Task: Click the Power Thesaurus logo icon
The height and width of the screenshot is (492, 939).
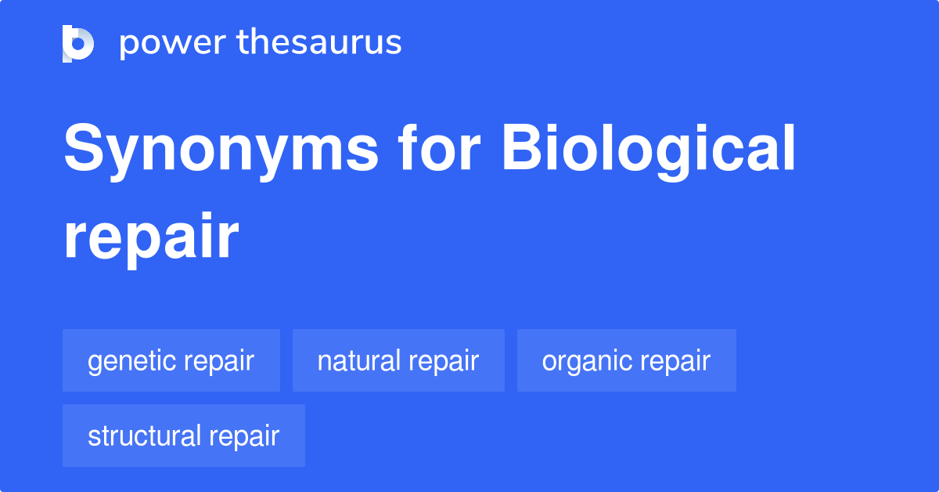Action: coord(78,43)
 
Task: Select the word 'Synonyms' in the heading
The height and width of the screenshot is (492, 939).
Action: coord(220,150)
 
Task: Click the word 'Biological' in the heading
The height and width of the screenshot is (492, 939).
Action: coord(649,150)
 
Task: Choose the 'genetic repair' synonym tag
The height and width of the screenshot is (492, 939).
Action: coord(171,360)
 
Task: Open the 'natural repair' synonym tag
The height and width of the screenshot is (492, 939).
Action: coord(398,360)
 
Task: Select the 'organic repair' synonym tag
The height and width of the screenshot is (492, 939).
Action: coord(626,360)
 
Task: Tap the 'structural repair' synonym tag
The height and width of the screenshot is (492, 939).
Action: coord(183,436)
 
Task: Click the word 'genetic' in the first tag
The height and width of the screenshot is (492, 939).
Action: coord(131,361)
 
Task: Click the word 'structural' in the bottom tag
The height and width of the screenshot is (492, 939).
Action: coord(143,436)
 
